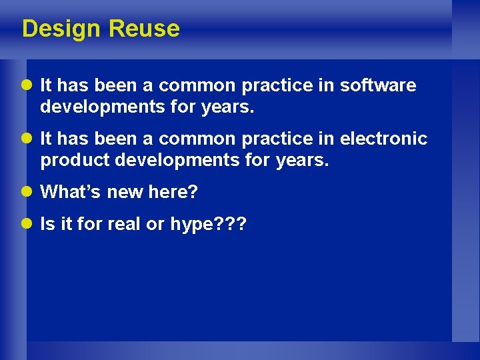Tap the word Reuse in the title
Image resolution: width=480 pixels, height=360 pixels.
click(x=144, y=29)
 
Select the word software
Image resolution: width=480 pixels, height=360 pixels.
click(x=378, y=86)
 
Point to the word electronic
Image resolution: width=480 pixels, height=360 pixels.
click(x=383, y=139)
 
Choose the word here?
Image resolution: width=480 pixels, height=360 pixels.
click(x=173, y=192)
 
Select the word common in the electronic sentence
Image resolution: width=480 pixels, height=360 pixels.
click(x=197, y=139)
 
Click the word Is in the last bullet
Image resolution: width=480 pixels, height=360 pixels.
click(x=47, y=225)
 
